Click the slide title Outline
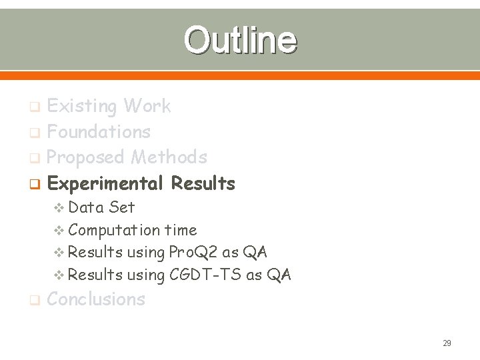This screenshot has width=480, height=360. tap(240, 40)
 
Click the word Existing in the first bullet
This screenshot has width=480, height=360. tap(82, 106)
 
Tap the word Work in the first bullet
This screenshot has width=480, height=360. tap(147, 106)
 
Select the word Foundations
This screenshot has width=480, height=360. tap(99, 132)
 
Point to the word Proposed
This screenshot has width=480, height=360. tap(86, 157)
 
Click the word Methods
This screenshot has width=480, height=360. tap(169, 157)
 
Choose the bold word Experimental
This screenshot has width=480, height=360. tap(105, 183)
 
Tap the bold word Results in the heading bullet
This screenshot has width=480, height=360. tap(203, 183)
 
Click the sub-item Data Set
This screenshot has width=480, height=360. tap(101, 207)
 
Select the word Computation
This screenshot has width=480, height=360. tap(114, 230)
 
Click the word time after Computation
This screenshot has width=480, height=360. tap(181, 230)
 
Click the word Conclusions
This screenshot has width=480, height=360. tap(96, 299)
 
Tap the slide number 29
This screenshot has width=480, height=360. tap(447, 343)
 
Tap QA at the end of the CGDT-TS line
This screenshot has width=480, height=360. tap(279, 275)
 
